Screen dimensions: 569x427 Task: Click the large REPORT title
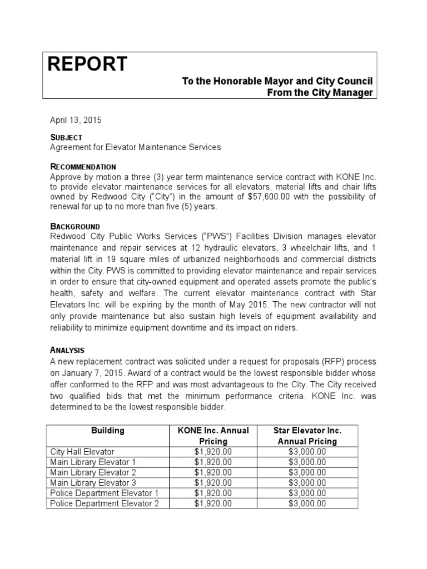point(87,65)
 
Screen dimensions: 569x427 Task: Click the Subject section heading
point(66,137)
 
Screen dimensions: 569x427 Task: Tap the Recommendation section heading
point(83,167)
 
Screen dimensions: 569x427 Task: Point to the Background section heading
point(75,227)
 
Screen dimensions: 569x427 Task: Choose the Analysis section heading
point(67,350)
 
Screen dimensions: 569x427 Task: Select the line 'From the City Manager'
point(320,93)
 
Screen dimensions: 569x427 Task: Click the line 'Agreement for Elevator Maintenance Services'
point(135,147)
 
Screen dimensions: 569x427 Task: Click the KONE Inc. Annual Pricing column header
point(213,436)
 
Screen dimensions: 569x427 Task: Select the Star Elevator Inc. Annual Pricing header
point(307,436)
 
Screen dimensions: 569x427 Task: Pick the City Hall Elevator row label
point(82,452)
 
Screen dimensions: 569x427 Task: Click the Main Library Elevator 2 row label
point(93,472)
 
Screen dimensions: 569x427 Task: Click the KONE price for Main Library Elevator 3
point(213,483)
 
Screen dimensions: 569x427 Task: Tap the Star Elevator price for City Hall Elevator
point(307,452)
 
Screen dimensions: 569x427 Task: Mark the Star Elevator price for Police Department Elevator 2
point(307,503)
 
